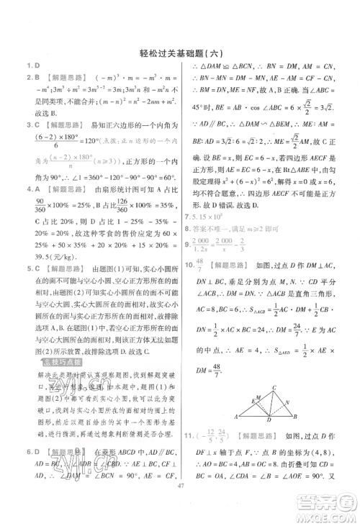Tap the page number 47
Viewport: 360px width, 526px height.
click(x=180, y=504)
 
